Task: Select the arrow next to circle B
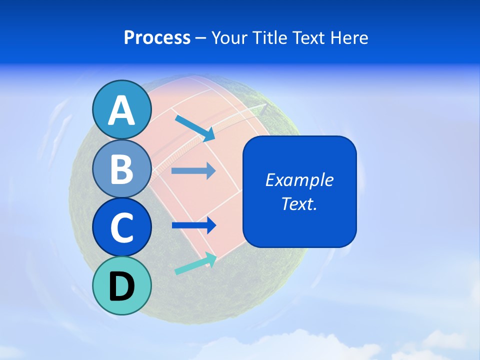tap(193, 171)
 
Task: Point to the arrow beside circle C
tap(193, 225)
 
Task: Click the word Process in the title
tap(157, 37)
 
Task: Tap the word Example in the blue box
tap(299, 180)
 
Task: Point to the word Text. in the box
tap(299, 203)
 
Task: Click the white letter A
tap(121, 111)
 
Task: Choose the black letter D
tap(121, 286)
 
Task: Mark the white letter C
tap(121, 227)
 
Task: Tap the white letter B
tap(121, 168)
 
